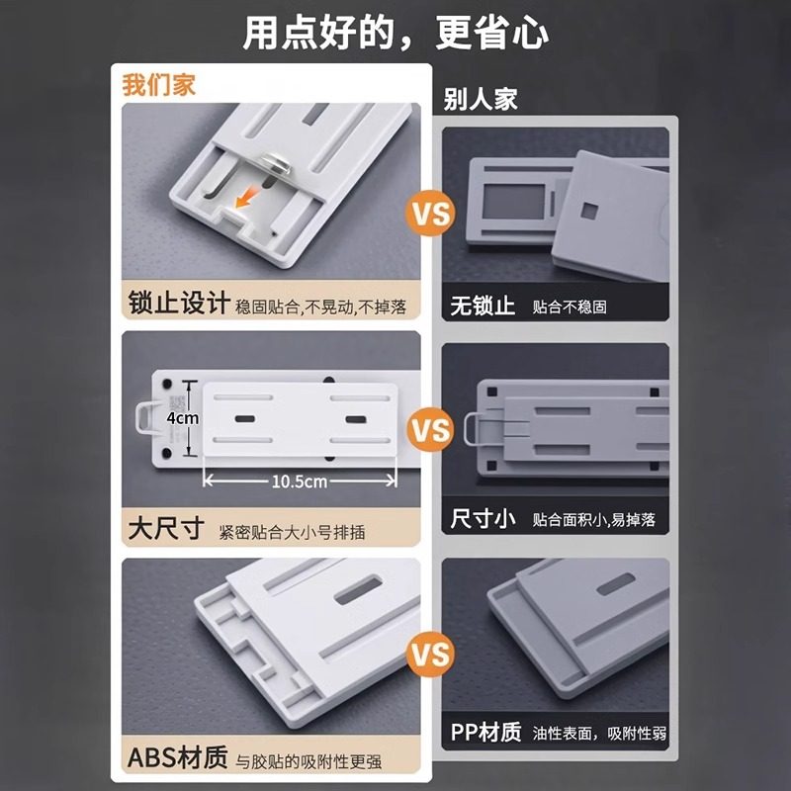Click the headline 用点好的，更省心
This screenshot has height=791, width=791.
click(x=395, y=32)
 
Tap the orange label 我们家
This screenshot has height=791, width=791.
click(x=158, y=84)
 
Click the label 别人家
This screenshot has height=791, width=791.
click(x=482, y=100)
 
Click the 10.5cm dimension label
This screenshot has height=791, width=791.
click(x=300, y=481)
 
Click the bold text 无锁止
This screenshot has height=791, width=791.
click(x=483, y=306)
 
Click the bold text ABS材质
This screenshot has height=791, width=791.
click(x=177, y=758)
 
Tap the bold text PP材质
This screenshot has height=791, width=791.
click(x=484, y=733)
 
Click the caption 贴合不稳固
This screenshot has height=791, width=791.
click(x=570, y=308)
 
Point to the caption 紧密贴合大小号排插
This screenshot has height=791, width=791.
click(x=293, y=532)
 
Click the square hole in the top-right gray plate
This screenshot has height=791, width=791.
click(x=591, y=211)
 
